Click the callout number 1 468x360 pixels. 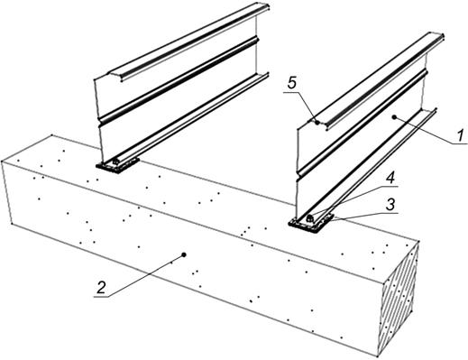(460, 135)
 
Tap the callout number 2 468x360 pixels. (101, 288)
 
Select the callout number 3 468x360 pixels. (390, 205)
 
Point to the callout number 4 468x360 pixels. (390, 179)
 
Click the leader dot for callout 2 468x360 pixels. (184, 254)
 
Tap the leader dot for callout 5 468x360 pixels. (317, 122)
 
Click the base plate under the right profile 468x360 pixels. (311, 223)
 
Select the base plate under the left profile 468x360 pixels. (117, 166)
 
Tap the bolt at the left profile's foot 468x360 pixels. (115, 162)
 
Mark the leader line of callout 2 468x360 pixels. (139, 276)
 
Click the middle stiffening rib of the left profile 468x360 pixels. (179, 80)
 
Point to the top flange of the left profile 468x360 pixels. (188, 42)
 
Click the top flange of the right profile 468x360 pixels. (376, 80)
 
